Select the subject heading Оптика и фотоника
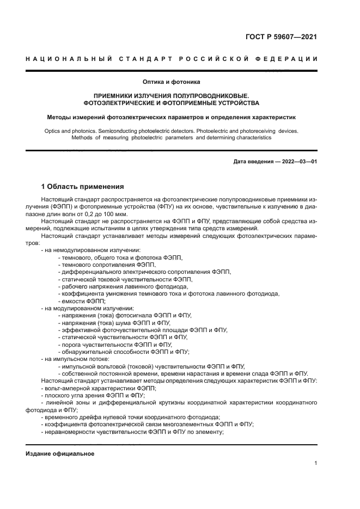tap(172, 82)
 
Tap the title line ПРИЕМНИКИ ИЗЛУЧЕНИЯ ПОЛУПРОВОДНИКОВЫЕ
tap(172, 95)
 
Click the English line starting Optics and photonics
tap(172, 131)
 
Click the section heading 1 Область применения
tap(82, 187)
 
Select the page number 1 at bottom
tap(315, 463)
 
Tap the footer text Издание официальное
tap(60, 453)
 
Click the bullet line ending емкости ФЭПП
tap(82, 301)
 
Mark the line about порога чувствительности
tap(114, 345)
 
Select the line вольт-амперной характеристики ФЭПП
tap(90, 388)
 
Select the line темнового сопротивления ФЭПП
tap(103, 264)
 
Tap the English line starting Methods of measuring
tap(172, 138)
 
